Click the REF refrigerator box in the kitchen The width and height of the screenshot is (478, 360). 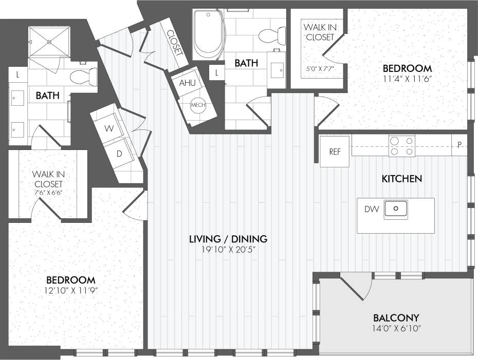(x=335, y=152)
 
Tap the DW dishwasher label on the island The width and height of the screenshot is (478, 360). (x=372, y=209)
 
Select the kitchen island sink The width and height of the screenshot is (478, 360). (x=396, y=209)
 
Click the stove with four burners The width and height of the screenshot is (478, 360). (x=402, y=145)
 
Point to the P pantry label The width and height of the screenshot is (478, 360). (x=459, y=145)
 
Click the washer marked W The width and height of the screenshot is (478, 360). (x=109, y=129)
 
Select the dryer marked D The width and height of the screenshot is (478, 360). (x=120, y=153)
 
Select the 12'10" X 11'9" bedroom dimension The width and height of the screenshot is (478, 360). (x=70, y=290)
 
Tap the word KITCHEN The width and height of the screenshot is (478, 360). (x=401, y=179)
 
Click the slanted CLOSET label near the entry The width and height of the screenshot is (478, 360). (x=174, y=43)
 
